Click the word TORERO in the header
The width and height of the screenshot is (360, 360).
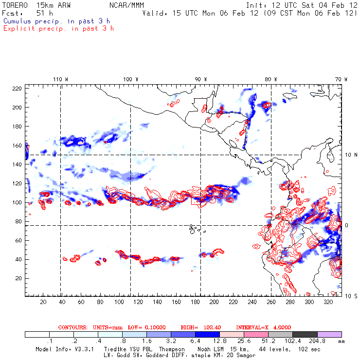tap(14, 5)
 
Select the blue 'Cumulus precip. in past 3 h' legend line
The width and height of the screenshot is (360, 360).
tap(56, 21)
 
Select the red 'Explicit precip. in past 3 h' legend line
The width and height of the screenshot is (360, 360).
tap(58, 28)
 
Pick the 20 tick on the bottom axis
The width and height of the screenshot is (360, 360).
tap(43, 302)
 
